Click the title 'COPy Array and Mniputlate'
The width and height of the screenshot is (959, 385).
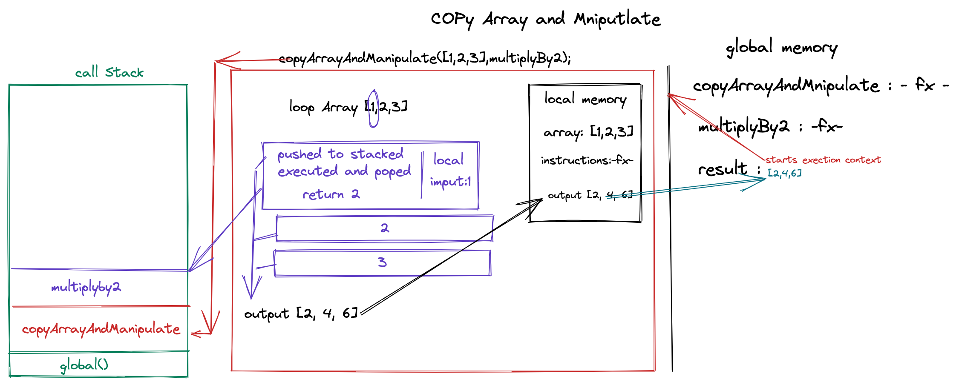click(545, 20)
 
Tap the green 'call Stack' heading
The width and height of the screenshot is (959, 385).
click(109, 73)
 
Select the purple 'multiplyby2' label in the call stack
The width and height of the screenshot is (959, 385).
click(86, 288)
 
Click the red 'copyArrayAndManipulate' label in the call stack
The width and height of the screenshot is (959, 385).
click(101, 329)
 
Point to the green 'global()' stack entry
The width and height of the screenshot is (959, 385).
click(84, 365)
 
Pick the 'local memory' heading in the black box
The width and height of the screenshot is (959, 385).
click(585, 100)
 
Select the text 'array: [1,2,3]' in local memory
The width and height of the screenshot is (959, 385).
click(588, 132)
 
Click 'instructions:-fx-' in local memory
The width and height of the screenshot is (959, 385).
click(587, 160)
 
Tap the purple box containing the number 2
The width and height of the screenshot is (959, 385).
click(384, 228)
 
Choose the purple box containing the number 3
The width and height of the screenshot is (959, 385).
click(382, 262)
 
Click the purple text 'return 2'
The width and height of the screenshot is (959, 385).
click(331, 195)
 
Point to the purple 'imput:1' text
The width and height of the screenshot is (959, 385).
click(450, 182)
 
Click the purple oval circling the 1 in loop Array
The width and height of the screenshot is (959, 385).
click(374, 108)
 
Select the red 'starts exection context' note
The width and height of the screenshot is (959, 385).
click(823, 160)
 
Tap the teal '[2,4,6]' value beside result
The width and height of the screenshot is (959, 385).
click(784, 173)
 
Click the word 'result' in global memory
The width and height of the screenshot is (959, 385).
click(722, 169)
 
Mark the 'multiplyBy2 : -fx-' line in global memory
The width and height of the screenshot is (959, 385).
click(770, 126)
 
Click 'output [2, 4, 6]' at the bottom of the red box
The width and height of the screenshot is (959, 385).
click(301, 314)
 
